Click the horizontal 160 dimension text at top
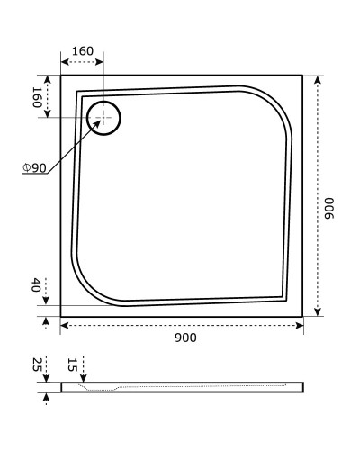(x=82, y=50)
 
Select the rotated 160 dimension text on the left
(x=37, y=97)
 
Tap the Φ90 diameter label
(x=34, y=168)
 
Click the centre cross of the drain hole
(x=103, y=118)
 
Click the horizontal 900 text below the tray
(x=184, y=337)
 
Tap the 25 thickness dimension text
(x=37, y=364)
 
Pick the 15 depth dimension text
(x=72, y=364)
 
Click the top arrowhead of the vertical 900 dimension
(x=318, y=77)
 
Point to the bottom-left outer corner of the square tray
(x=60, y=317)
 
